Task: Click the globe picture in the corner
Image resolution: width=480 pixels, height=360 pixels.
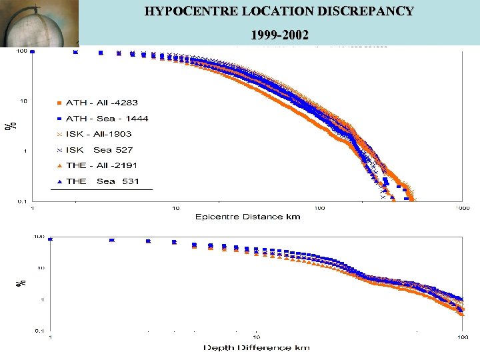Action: [x=39, y=24]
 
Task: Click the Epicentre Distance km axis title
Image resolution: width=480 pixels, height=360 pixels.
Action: [x=247, y=217]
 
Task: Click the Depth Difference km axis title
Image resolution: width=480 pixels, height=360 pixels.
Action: [x=257, y=347]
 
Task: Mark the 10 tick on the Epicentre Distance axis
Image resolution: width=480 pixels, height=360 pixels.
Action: [x=176, y=208]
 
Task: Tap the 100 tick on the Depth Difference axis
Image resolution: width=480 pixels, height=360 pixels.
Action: [x=462, y=339]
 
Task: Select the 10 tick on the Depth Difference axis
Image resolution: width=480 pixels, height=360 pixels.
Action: [x=256, y=339]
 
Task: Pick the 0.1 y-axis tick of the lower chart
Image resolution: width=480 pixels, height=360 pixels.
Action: [x=41, y=331]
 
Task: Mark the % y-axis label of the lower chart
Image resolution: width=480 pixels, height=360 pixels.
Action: [x=21, y=283]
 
